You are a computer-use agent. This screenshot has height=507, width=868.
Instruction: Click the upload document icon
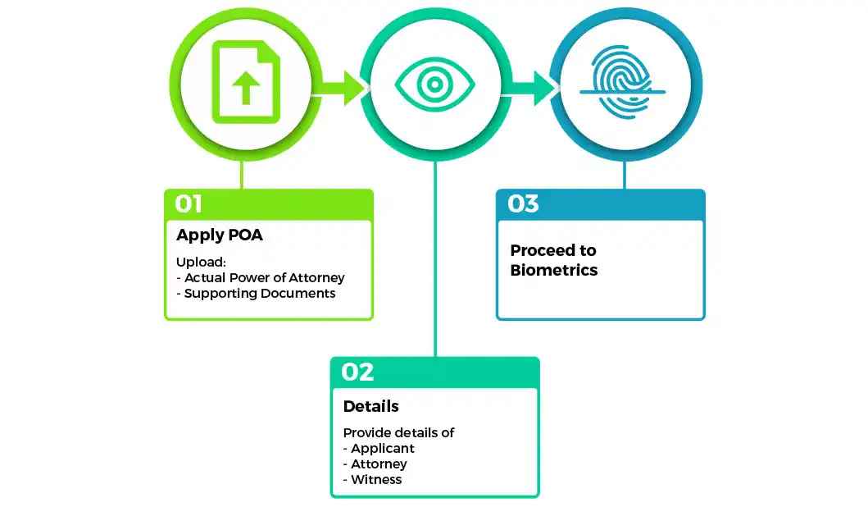[243, 83]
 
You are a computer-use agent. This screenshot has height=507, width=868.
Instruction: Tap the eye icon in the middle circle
[434, 84]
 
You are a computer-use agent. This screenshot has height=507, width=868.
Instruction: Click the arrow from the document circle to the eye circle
[343, 87]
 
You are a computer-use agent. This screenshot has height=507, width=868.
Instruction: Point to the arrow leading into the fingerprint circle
[534, 87]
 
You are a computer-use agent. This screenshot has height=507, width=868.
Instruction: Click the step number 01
[189, 203]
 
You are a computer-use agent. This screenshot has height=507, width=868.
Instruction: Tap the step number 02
[357, 372]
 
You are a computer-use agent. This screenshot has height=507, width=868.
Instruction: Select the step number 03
[523, 203]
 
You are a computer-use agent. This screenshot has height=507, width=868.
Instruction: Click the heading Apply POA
[220, 235]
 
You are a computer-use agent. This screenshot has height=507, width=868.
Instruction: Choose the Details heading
[370, 406]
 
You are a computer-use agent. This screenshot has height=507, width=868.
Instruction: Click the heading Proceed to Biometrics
[553, 260]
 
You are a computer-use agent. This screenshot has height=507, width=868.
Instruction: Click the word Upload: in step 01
[201, 263]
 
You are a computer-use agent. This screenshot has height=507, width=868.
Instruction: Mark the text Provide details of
[398, 432]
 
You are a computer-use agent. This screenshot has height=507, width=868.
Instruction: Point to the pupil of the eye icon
[434, 84]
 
